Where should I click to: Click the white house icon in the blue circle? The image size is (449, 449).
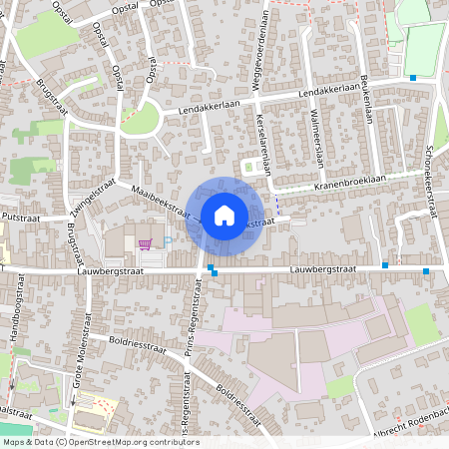click(224, 214)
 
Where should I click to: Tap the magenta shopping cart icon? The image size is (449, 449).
click(146, 242)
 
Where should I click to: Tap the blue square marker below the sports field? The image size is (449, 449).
click(413, 78)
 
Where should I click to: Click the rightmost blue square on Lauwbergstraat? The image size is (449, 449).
click(426, 271)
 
